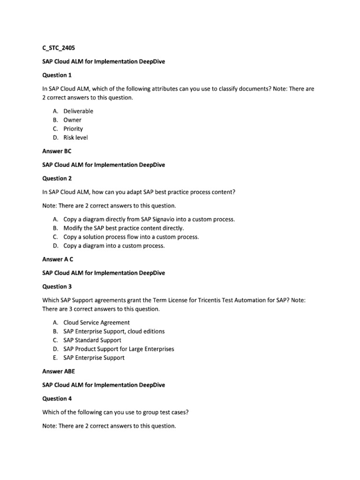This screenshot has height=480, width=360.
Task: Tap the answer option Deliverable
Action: (x=78, y=111)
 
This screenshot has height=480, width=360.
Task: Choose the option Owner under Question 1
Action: (x=72, y=120)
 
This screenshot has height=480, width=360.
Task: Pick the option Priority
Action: (x=73, y=129)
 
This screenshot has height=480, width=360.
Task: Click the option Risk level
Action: (x=75, y=138)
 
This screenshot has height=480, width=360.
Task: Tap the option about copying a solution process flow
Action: (x=131, y=237)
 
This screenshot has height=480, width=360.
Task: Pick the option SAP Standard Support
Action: (x=92, y=340)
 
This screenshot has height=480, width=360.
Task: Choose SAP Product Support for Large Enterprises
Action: (x=119, y=349)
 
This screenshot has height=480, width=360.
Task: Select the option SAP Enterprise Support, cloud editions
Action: (x=114, y=331)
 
